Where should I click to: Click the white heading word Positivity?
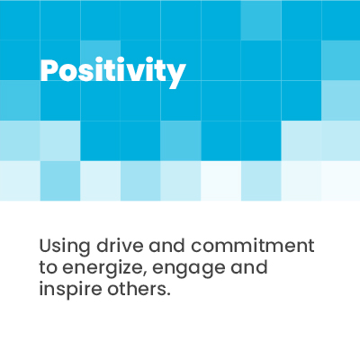tap(113, 72)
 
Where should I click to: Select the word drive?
tap(120, 246)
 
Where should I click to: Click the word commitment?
tap(253, 246)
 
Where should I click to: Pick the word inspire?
tap(70, 290)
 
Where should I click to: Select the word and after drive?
tap(167, 246)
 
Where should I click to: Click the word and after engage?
tap(249, 267)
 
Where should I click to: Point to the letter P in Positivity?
tap(49, 70)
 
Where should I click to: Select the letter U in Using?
tap(46, 246)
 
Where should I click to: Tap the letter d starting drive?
tap(103, 246)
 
